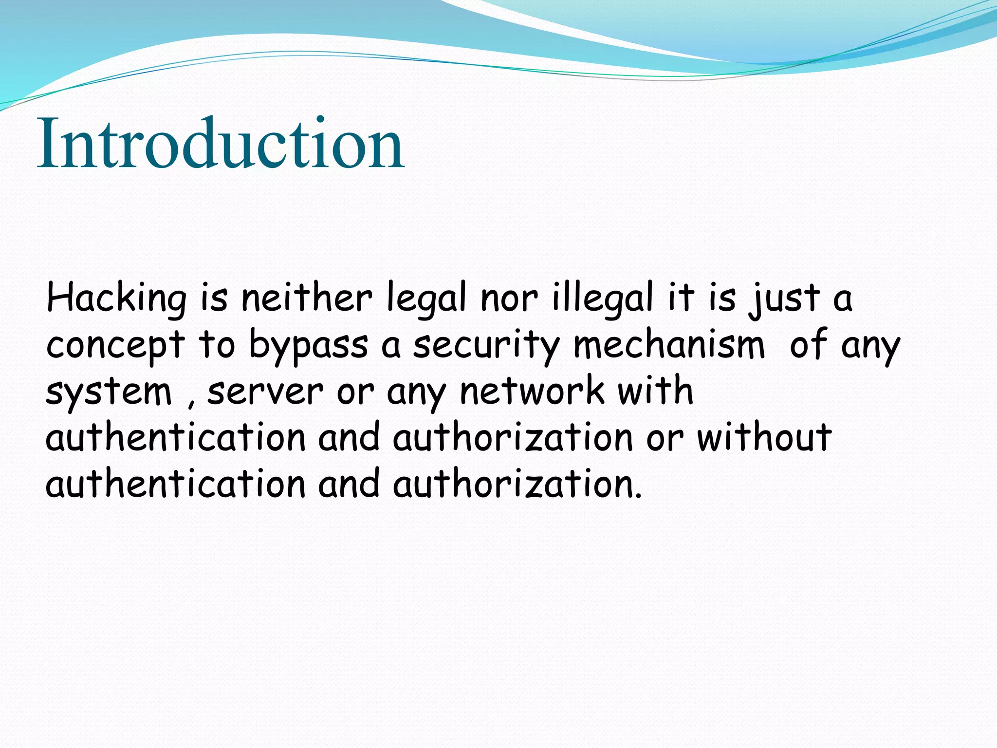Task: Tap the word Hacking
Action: click(x=116, y=298)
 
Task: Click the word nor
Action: click(x=509, y=299)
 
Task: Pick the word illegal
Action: click(x=602, y=298)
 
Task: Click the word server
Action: click(x=265, y=392)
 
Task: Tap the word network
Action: click(x=532, y=391)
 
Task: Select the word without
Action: click(x=764, y=437)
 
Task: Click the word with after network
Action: click(x=655, y=391)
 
